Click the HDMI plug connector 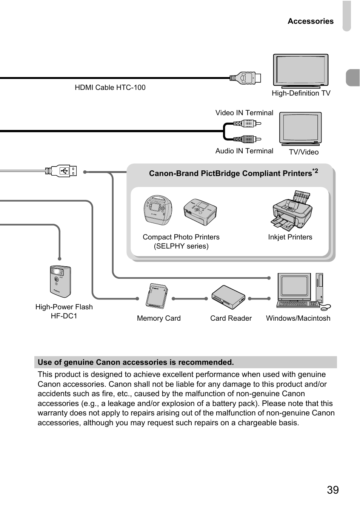pos(245,78)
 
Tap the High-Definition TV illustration pos(301,71)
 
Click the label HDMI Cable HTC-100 pos(110,88)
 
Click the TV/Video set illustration pos(300,128)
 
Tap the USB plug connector pos(63,171)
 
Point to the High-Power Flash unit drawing pos(60,281)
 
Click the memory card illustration pos(156,296)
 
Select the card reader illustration pos(228,298)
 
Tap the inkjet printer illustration pos(292,210)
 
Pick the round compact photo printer pos(158,210)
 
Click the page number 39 pos(333,490)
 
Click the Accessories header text pos(311,22)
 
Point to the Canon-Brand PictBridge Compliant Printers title pos(231,173)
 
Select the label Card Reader pos(231,318)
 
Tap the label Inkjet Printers pos(290,237)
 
